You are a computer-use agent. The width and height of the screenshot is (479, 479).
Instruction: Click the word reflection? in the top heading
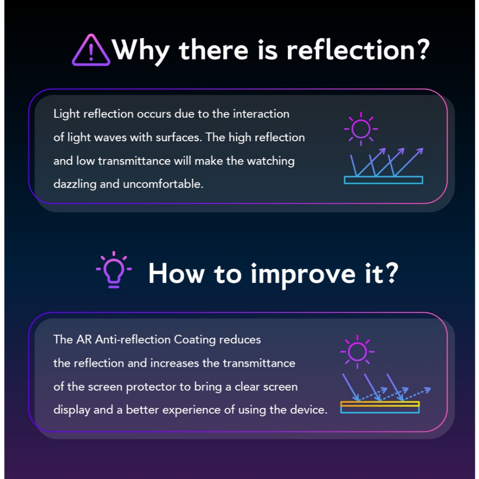click(x=358, y=50)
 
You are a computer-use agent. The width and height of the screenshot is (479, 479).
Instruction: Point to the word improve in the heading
click(x=303, y=275)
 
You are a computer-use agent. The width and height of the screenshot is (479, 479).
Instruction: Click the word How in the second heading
click(x=176, y=273)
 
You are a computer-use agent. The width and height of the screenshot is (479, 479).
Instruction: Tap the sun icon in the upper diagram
click(x=361, y=129)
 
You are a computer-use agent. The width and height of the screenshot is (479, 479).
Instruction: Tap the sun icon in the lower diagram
click(x=357, y=352)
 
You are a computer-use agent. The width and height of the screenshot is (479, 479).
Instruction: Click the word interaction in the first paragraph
click(x=261, y=114)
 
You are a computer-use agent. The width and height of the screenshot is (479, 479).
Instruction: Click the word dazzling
click(x=75, y=184)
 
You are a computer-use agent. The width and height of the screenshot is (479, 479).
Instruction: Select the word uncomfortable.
click(x=163, y=184)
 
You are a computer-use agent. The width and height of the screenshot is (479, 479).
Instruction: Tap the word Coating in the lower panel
click(x=195, y=340)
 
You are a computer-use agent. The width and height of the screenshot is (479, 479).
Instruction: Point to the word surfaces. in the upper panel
click(x=179, y=137)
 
